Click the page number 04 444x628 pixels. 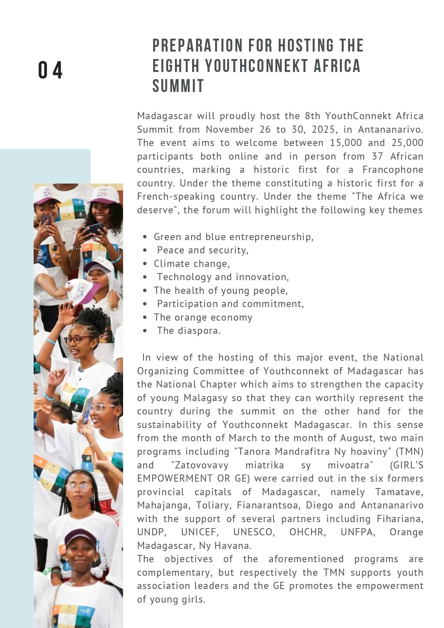pyautogui.click(x=50, y=70)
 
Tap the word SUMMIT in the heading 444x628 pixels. pyautogui.click(x=178, y=86)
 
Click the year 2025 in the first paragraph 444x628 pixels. pyautogui.click(x=323, y=130)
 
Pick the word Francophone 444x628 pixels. pyautogui.click(x=392, y=170)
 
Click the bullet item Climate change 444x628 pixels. pyautogui.click(x=192, y=264)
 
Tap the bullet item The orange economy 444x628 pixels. pyautogui.click(x=203, y=317)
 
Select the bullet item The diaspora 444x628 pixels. pyautogui.click(x=189, y=331)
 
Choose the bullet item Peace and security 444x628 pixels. pyautogui.click(x=203, y=250)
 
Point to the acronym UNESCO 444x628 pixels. pyautogui.click(x=254, y=532)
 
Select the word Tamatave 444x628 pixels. pyautogui.click(x=399, y=492)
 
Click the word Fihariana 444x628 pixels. pyautogui.click(x=400, y=519)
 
